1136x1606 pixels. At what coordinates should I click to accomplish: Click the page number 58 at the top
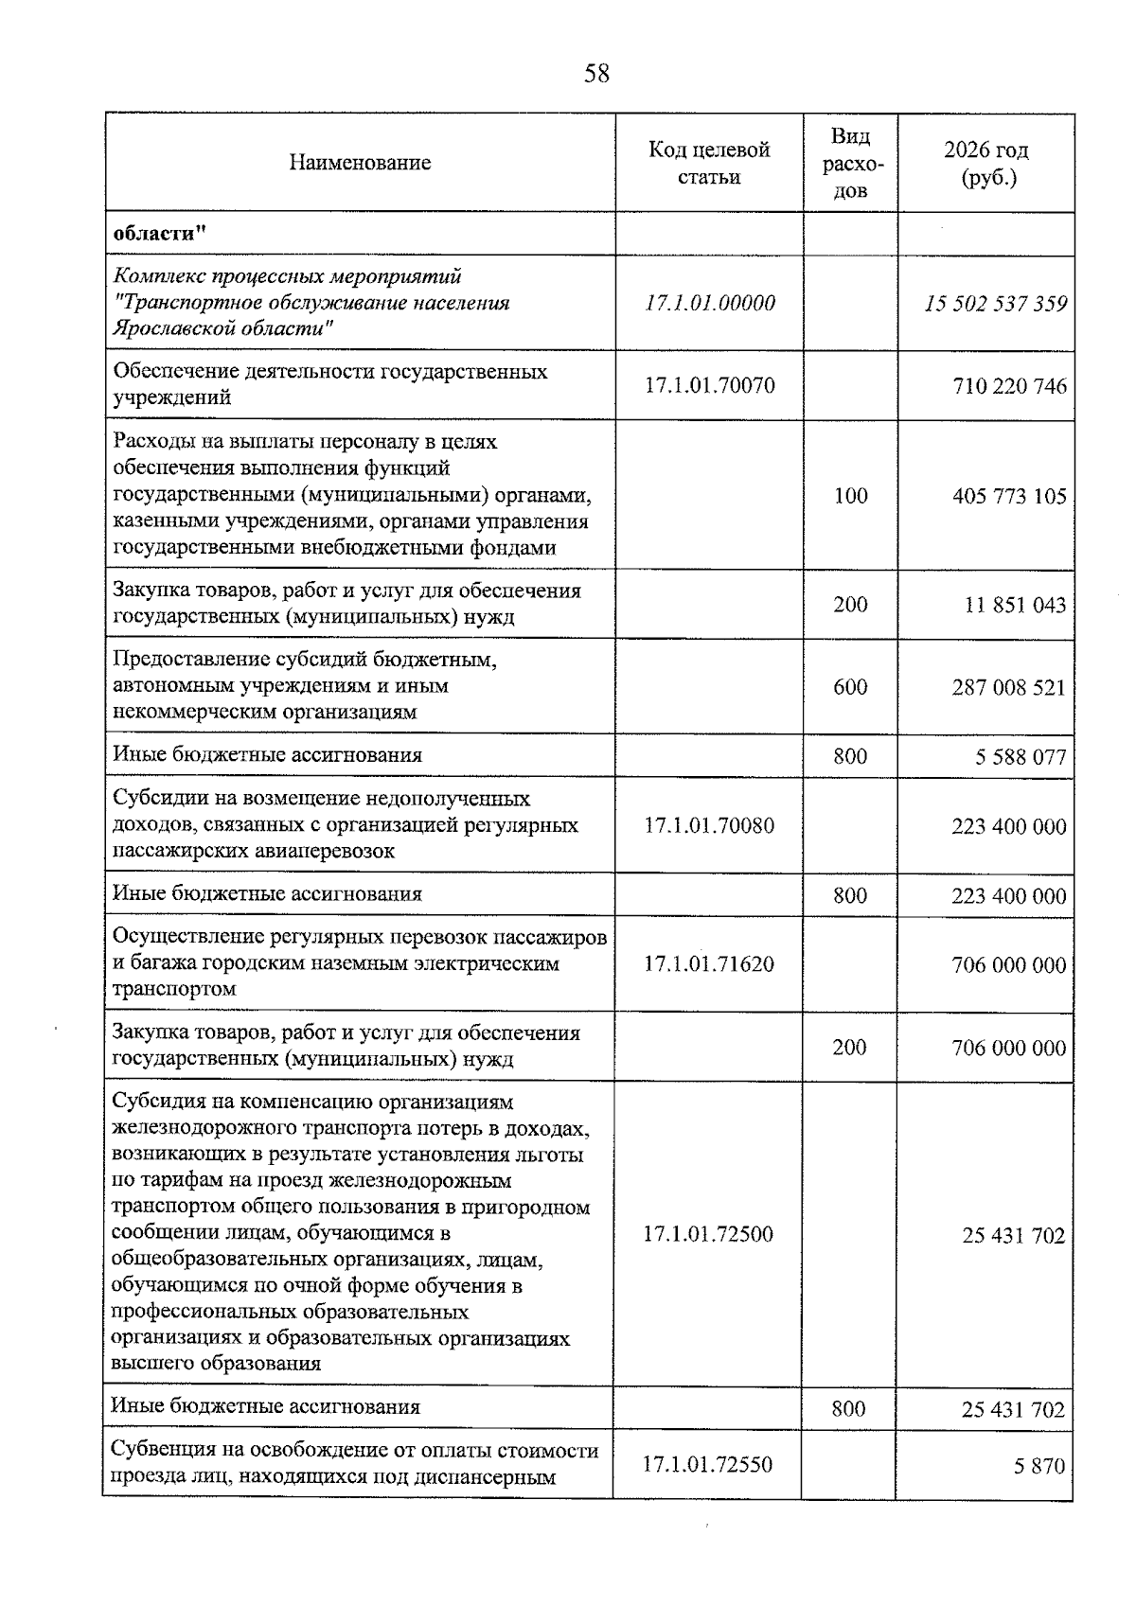pyautogui.click(x=596, y=74)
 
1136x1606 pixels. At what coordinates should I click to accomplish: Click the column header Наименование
pyautogui.click(x=360, y=163)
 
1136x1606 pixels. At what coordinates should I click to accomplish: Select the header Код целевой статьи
pyautogui.click(x=709, y=163)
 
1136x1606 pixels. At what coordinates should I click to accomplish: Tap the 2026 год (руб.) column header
pyautogui.click(x=986, y=163)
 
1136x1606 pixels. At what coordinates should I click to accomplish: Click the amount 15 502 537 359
pyautogui.click(x=996, y=304)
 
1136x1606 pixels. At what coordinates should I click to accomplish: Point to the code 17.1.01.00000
pyautogui.click(x=709, y=303)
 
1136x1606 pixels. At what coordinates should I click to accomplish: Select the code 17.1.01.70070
pyautogui.click(x=709, y=385)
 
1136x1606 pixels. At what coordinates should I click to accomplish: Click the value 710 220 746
pyautogui.click(x=1009, y=386)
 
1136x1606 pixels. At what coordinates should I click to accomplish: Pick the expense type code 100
pyautogui.click(x=850, y=496)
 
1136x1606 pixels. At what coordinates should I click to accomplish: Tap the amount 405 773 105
pyautogui.click(x=1009, y=497)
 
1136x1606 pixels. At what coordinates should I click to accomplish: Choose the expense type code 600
pyautogui.click(x=850, y=687)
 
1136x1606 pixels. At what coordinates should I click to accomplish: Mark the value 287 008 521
pyautogui.click(x=1009, y=688)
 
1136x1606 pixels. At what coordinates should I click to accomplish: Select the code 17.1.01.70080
pyautogui.click(x=709, y=825)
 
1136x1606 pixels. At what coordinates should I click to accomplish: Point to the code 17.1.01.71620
pyautogui.click(x=709, y=964)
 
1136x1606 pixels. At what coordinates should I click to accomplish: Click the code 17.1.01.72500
pyautogui.click(x=708, y=1234)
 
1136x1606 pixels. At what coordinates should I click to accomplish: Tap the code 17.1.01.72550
pyautogui.click(x=708, y=1465)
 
